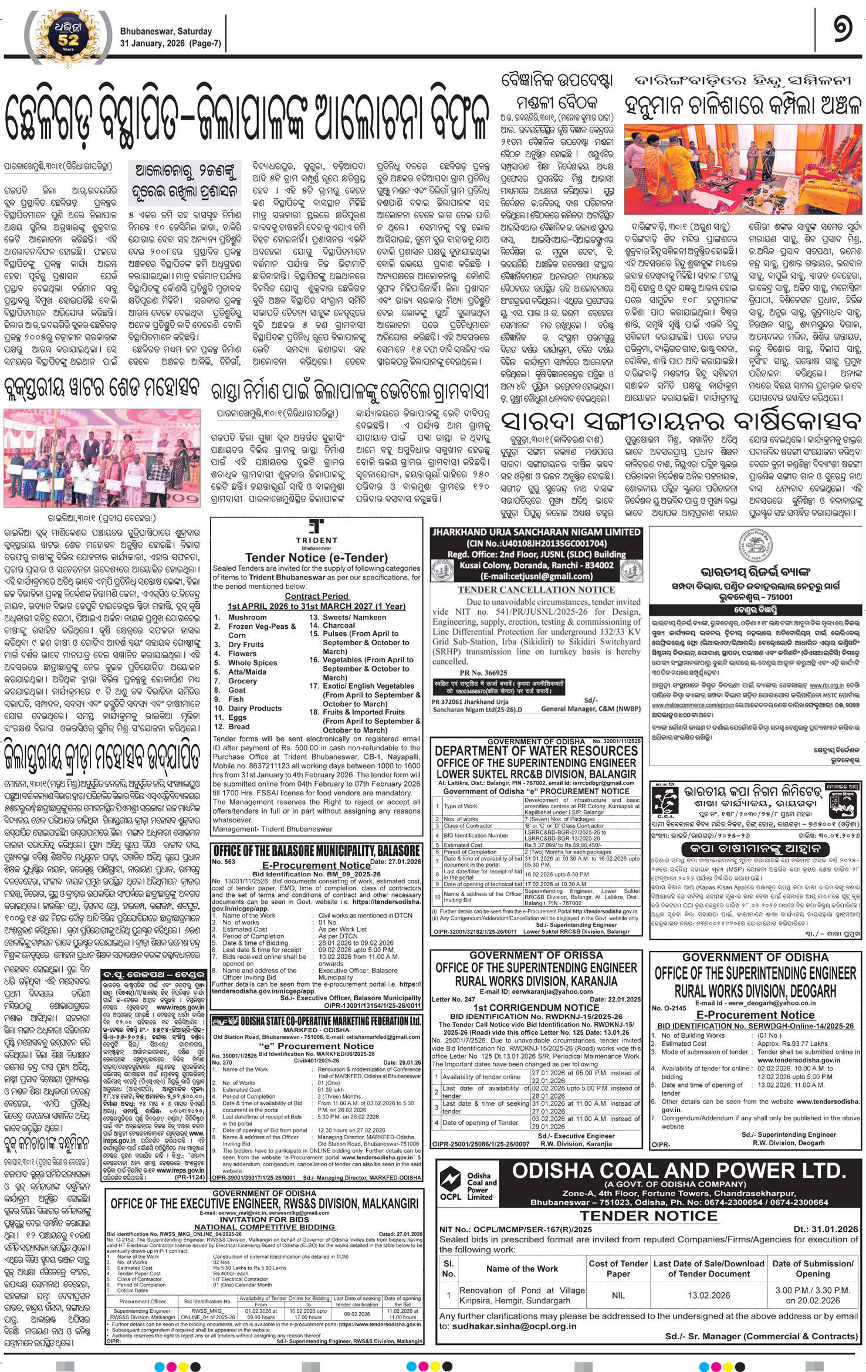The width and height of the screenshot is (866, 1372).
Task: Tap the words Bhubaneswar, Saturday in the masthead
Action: coord(165,31)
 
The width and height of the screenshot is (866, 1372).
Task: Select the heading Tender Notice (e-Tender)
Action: coord(316,557)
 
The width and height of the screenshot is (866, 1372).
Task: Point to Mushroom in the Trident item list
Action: coord(247,617)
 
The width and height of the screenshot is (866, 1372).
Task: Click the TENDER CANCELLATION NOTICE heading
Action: coord(536,590)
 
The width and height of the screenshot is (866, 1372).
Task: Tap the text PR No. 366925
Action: coord(483,673)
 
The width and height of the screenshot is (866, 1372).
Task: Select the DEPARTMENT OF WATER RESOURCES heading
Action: coord(536,751)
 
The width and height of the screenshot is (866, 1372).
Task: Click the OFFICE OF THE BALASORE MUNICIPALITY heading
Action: coord(316,851)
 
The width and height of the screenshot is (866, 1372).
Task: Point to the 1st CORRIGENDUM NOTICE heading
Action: coord(536,1008)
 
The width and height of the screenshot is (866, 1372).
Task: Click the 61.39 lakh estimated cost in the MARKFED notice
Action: coord(330,1089)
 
